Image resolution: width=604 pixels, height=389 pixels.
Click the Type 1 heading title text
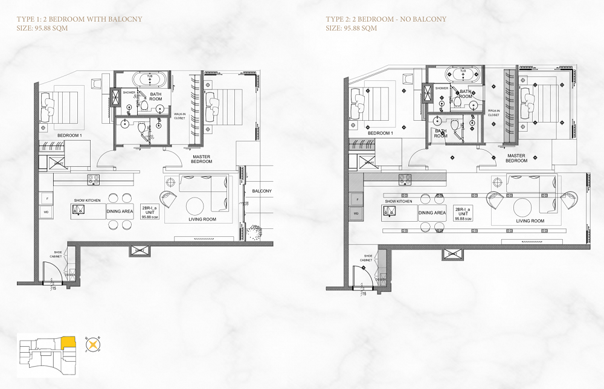coord(79,19)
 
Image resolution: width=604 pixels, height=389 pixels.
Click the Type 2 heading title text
coord(386,19)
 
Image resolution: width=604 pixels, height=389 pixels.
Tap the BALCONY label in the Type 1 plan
coord(262,191)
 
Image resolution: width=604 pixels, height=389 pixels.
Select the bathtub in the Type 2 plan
coord(463,74)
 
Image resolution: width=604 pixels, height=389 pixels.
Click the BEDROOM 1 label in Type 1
coord(69,135)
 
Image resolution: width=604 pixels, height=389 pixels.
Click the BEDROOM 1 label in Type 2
coord(381,133)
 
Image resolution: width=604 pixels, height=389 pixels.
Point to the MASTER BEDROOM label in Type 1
coord(202,159)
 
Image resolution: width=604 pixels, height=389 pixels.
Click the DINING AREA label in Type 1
coord(120,211)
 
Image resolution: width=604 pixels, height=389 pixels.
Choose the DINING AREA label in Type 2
coord(432,213)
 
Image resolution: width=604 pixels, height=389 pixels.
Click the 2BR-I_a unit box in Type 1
coord(149,212)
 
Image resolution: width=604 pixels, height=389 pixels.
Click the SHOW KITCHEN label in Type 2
coord(398,201)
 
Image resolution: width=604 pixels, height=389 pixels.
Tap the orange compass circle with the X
coord(92,346)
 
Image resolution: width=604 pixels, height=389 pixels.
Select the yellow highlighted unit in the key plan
coord(68,342)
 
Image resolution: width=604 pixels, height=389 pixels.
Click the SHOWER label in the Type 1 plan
coord(129,92)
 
